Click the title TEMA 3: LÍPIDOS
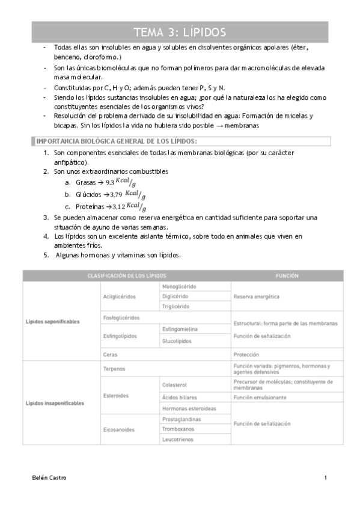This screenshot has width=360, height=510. pos(180,32)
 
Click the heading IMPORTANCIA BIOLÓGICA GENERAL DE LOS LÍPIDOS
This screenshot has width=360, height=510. pos(117,141)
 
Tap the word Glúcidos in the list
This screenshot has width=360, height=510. pos(88,195)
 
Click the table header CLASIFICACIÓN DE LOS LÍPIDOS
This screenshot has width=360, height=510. pos(127,275)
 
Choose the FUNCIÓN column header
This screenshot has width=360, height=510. pos(287,275)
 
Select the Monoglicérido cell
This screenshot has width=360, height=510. pos(180,287)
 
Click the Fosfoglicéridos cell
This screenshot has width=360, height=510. pos(122,317)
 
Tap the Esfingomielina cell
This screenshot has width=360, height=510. pos(180,329)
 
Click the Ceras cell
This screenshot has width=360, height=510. pos(110,354)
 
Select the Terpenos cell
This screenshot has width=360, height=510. pos(115,367)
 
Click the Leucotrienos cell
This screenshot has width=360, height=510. pos(178,439)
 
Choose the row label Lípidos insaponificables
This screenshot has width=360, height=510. pos(55,403)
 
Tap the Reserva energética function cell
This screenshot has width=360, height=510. pos(257,296)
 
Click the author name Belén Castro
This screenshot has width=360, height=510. pos(49,478)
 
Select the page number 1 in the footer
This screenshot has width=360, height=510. pos(325,478)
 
